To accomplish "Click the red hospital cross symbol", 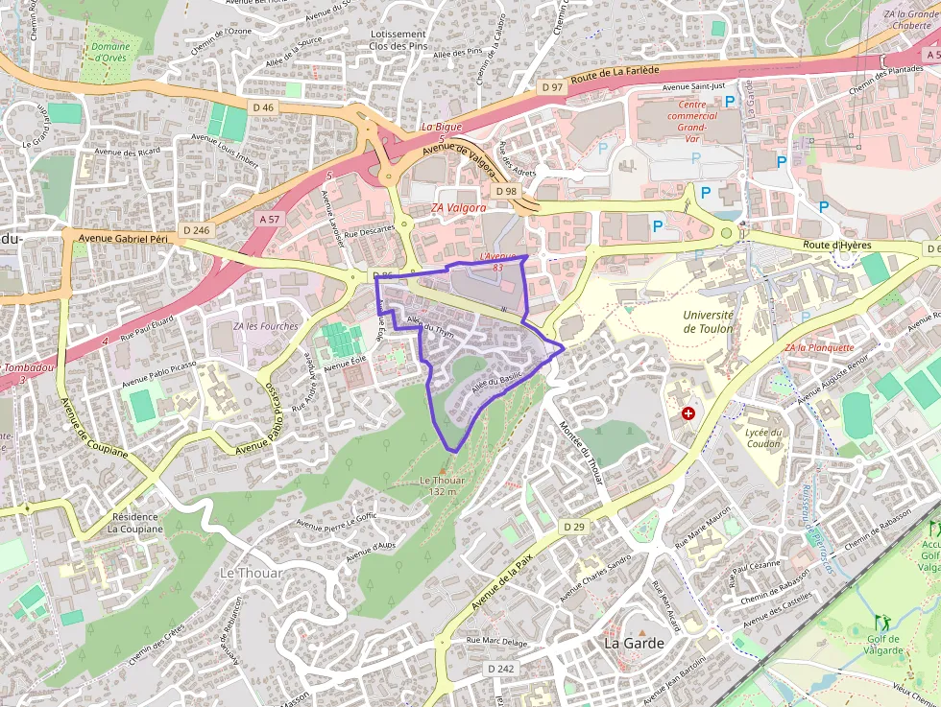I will pyautogui.click(x=688, y=413).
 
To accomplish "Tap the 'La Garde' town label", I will pyautogui.click(x=633, y=643).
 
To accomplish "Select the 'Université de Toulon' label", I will pyautogui.click(x=708, y=321).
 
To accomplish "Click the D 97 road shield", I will pyautogui.click(x=552, y=87).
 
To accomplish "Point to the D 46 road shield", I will pyautogui.click(x=264, y=107).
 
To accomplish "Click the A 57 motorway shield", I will pyautogui.click(x=269, y=220).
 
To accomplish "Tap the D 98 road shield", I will pyautogui.click(x=504, y=192).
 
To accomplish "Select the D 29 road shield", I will pyautogui.click(x=574, y=527).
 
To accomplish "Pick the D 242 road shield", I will pyautogui.click(x=500, y=668).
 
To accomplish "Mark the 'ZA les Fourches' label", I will pyautogui.click(x=266, y=326).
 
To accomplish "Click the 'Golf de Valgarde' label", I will pyautogui.click(x=884, y=645).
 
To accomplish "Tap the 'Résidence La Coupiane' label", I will pyautogui.click(x=134, y=522).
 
